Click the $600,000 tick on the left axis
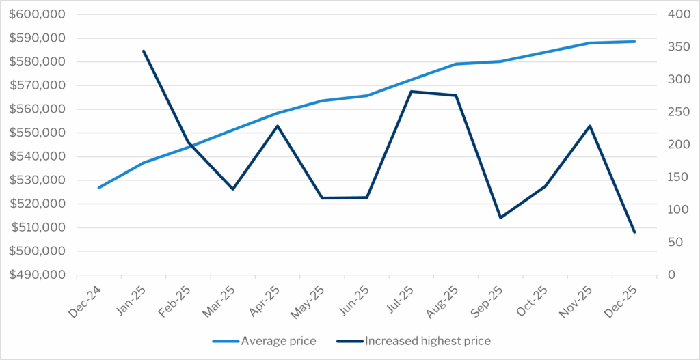point(38,14)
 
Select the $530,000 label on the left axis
point(38,180)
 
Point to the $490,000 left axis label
point(38,275)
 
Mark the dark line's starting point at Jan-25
point(144,51)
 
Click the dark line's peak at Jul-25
point(412,91)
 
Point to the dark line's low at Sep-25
point(500,218)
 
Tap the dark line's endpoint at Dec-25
point(634,232)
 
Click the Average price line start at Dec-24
point(99,188)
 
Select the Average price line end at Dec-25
point(634,42)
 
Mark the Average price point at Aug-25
point(456,64)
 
